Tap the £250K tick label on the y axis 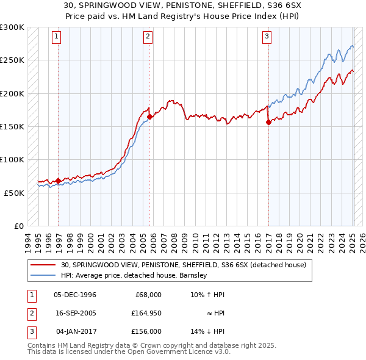12,60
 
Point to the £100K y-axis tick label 12,159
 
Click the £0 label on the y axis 20,226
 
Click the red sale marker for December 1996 59,181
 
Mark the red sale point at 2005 149,117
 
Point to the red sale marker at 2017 268,122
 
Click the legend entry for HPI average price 134,275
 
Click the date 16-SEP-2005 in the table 75,313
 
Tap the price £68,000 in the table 148,295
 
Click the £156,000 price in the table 146,331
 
